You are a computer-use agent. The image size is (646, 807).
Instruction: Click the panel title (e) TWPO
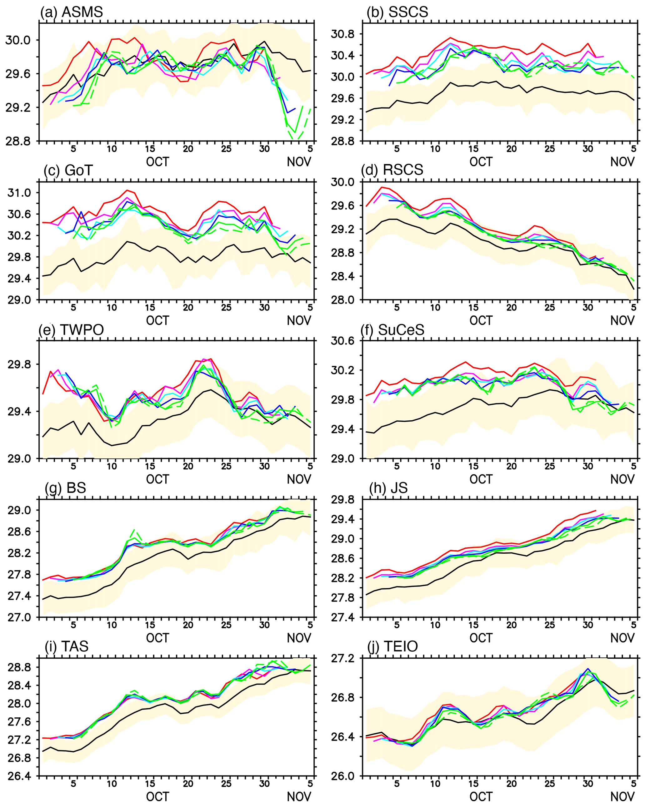(71, 330)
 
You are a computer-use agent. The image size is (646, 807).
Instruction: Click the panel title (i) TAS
(66, 646)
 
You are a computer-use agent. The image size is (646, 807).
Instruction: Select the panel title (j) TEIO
(393, 646)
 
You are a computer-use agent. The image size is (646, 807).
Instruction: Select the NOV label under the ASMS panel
(299, 162)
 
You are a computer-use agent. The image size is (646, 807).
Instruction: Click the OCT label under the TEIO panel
(481, 797)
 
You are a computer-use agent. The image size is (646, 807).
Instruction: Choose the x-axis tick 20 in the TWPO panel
(188, 466)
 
